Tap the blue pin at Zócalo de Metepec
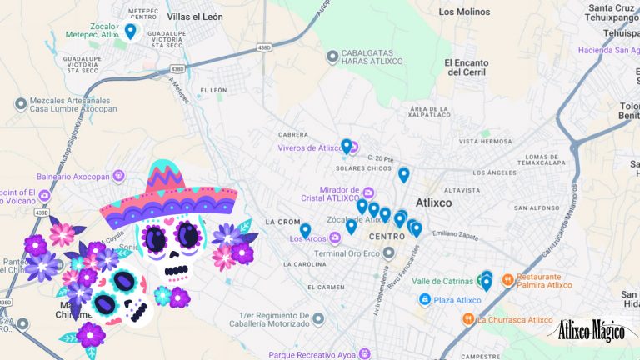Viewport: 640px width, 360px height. click(130, 32)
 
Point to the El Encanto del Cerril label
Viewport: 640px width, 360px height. click(471, 67)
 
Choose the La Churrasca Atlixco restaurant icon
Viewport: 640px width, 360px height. click(468, 318)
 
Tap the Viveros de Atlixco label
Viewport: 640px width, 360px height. click(309, 148)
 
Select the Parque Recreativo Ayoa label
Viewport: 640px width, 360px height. click(313, 354)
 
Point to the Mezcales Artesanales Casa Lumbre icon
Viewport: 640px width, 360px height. click(21, 103)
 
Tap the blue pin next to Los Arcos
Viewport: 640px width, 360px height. click(306, 230)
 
